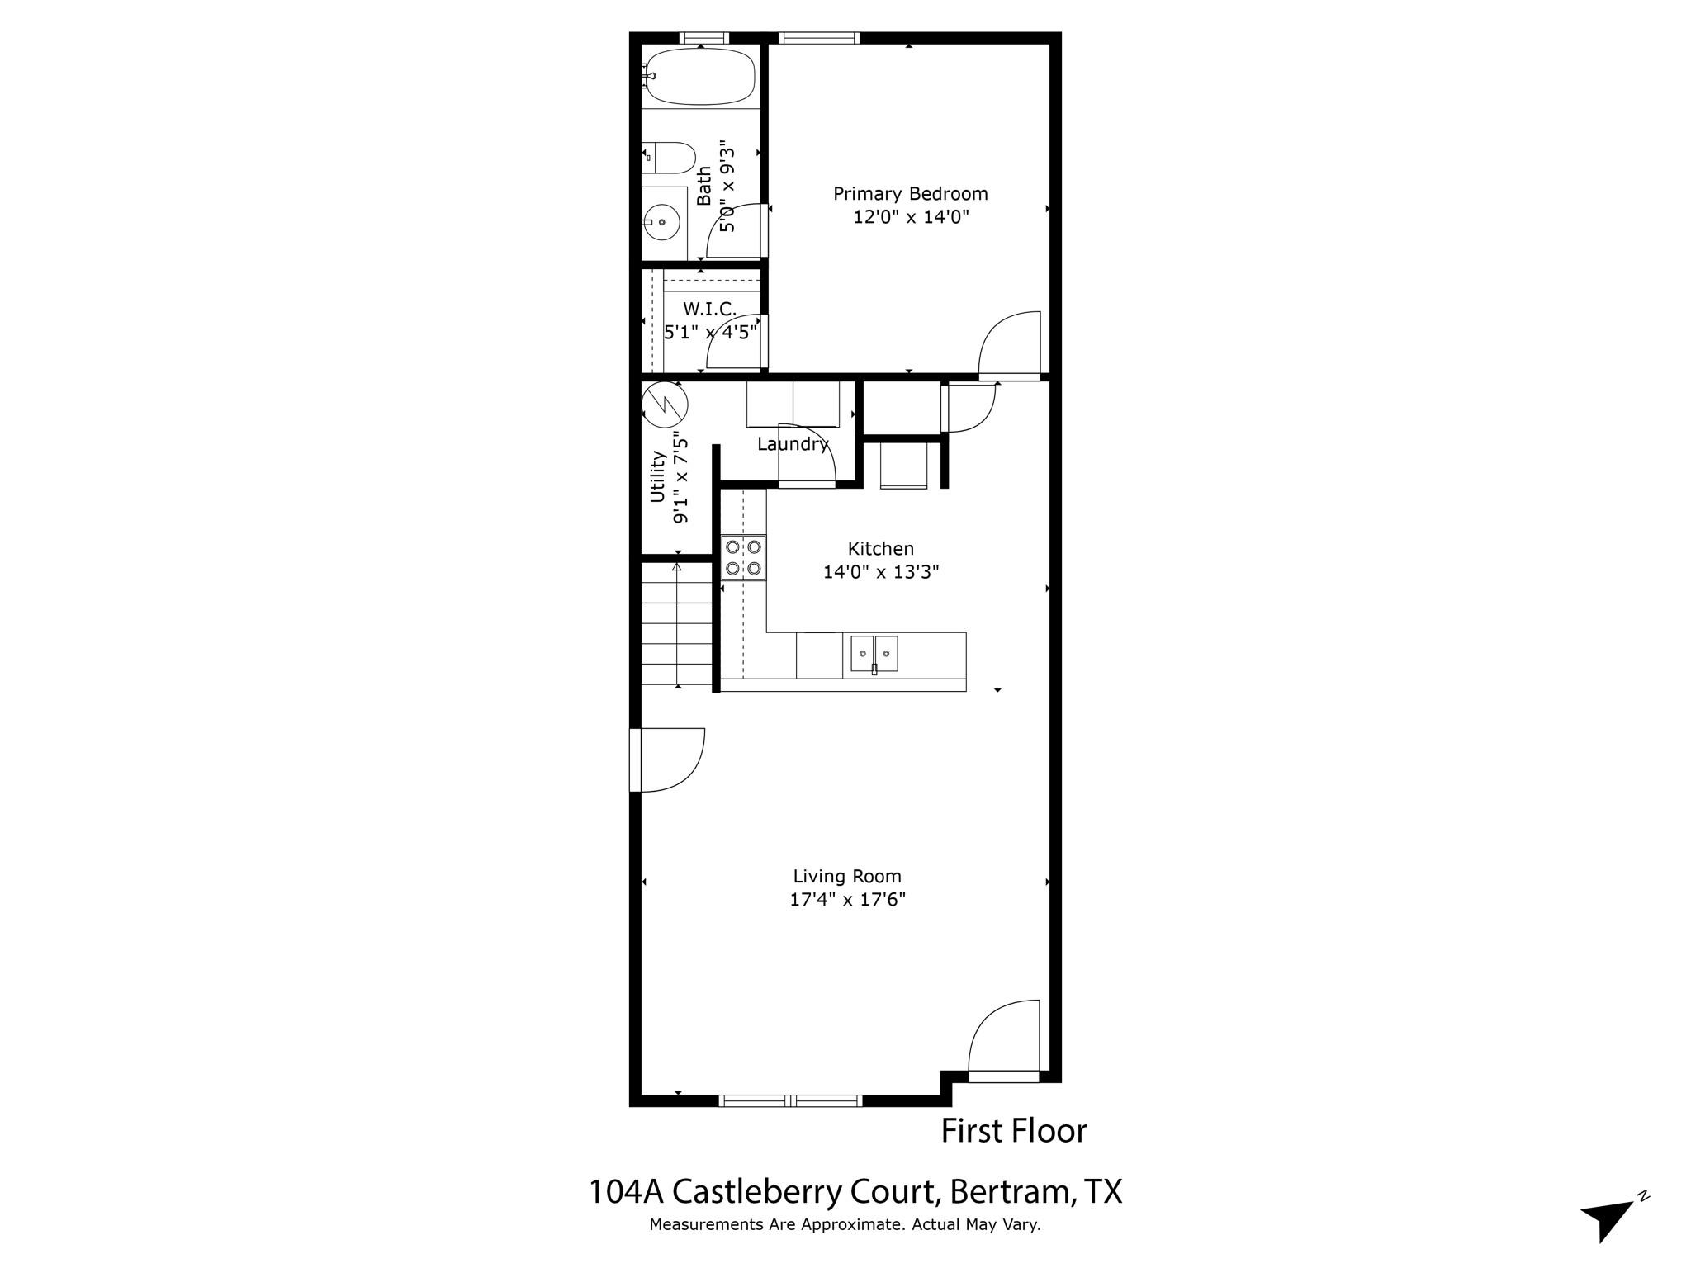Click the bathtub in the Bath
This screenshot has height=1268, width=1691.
700,77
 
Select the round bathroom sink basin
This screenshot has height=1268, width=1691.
661,222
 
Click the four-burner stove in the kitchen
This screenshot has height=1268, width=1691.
743,557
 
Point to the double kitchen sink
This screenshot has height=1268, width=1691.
874,654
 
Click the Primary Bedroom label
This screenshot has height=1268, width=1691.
910,194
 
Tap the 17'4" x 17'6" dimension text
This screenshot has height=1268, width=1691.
847,900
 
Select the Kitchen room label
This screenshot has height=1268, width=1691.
880,549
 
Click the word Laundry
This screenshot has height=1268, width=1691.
793,444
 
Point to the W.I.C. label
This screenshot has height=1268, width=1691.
709,309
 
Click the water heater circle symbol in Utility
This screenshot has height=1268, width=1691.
665,404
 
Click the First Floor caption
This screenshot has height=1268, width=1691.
1014,1131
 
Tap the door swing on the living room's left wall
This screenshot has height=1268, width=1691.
669,759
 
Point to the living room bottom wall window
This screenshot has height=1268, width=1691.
790,1100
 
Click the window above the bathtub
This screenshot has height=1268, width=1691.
703,37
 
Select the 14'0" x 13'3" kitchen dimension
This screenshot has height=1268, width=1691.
881,572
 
